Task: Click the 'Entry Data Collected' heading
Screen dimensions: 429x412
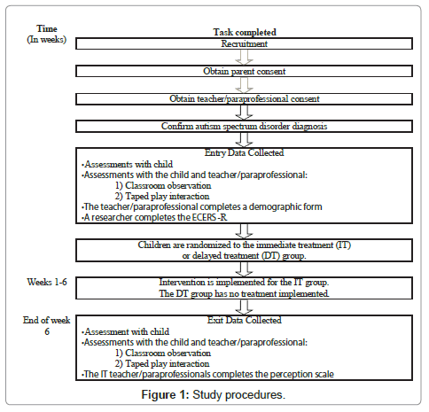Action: point(245,152)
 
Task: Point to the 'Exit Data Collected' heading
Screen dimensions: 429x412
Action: point(245,320)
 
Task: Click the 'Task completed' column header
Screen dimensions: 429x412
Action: point(245,32)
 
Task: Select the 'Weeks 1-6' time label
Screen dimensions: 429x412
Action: point(47,282)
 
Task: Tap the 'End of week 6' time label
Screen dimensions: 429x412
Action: point(47,326)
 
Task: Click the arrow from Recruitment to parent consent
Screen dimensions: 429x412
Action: point(244,58)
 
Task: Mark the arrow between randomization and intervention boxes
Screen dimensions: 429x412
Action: point(244,269)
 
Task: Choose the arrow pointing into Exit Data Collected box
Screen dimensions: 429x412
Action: point(244,307)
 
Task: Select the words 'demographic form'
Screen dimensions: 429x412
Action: point(285,206)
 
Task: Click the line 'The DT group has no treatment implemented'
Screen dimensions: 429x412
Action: point(244,293)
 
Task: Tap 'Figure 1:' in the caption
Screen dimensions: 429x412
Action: point(165,395)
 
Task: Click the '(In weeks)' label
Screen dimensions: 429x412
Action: point(47,40)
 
